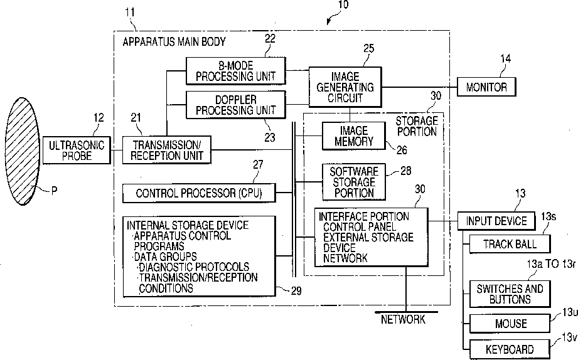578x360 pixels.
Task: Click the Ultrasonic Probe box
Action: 70,150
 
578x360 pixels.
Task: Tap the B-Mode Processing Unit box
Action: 235,71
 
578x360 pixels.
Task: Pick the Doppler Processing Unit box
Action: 235,104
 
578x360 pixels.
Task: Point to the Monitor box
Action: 486,87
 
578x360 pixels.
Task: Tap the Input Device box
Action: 496,221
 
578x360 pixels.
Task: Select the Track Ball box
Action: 510,244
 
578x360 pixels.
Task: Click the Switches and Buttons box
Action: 510,294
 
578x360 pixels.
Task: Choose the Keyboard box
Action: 510,349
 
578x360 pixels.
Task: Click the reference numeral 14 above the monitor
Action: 505,60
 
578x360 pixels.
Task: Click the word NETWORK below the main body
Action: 403,320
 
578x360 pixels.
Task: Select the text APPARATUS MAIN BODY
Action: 174,41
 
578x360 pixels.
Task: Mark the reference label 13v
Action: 569,338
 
